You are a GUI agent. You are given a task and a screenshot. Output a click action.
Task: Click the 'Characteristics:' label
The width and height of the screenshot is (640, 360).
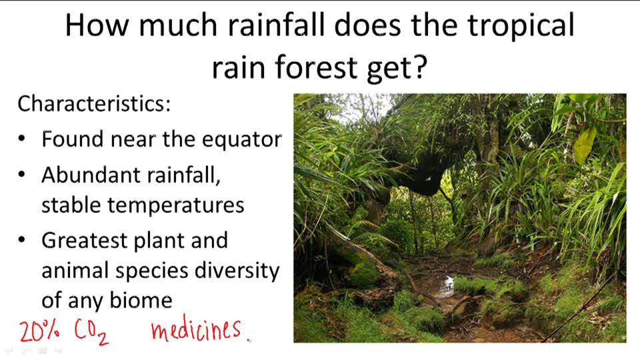[94, 104]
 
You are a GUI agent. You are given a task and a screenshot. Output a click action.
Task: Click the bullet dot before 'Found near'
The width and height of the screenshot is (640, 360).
[23, 140]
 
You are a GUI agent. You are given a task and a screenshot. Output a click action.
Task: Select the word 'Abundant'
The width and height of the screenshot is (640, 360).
[90, 175]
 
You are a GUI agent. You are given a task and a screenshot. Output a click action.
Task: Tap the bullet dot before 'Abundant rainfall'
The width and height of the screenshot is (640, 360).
[23, 175]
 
